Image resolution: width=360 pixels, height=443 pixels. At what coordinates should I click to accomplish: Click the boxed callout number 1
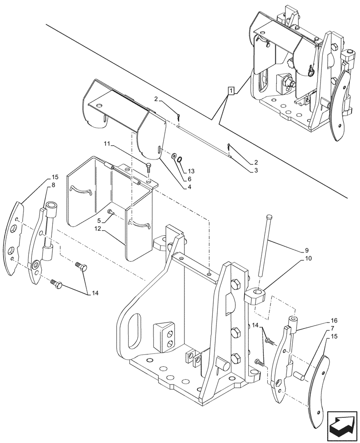point(231,91)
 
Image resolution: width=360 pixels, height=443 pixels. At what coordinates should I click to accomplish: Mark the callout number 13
point(191,171)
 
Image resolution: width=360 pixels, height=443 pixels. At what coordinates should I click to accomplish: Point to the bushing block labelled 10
point(255,296)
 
